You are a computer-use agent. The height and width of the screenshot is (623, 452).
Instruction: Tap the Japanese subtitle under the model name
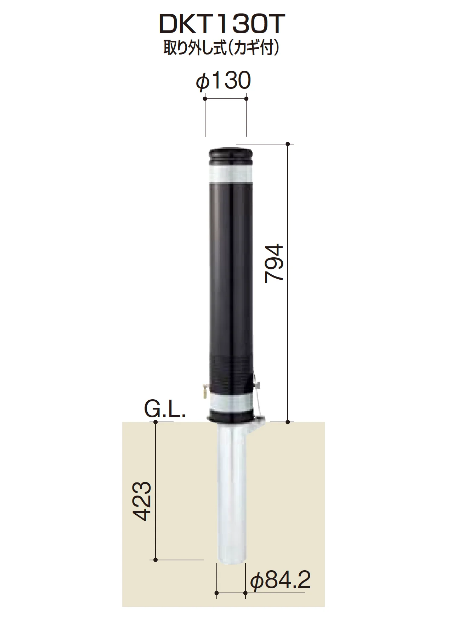pyautogui.click(x=222, y=48)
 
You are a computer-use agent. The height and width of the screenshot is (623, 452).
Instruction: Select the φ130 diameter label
pyautogui.click(x=223, y=81)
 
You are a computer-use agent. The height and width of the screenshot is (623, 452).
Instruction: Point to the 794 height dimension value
pyautogui.click(x=275, y=262)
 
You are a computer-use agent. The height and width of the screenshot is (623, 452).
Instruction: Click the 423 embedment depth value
pyautogui.click(x=143, y=500)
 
